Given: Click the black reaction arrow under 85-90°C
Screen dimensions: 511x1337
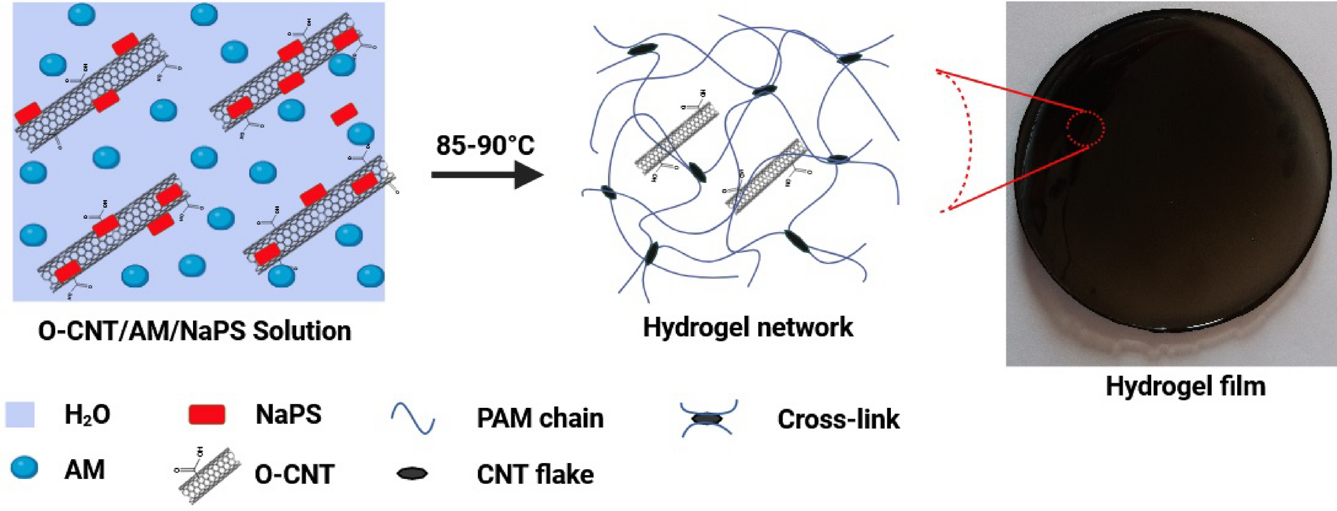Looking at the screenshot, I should point(486,175).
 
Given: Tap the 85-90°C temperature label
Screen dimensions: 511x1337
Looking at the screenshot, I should point(485,145).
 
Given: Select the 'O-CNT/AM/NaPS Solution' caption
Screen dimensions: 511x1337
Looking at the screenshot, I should point(194,331).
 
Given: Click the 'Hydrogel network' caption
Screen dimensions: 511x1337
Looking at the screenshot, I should point(747,327).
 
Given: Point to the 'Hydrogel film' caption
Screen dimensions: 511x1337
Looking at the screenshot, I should point(1185,386).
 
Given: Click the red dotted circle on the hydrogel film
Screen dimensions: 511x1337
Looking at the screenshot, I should point(1086,128).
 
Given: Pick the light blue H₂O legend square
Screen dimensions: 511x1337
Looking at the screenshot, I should point(20,414).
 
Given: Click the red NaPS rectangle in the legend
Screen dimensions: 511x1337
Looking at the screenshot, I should point(206,415).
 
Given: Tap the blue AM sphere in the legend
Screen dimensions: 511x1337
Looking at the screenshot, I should point(25,468).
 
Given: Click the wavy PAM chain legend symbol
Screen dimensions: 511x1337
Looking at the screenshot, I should point(413,419).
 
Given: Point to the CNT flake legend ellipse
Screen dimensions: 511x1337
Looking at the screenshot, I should point(412,474).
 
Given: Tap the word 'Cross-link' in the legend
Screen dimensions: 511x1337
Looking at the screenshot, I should point(838,419).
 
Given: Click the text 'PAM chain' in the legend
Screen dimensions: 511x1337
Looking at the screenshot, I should point(540,419).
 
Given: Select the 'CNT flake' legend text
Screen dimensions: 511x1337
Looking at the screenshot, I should point(535,474).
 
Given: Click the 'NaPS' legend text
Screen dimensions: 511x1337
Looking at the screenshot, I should point(288,415).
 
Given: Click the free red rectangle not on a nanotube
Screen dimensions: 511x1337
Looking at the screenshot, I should point(344,114).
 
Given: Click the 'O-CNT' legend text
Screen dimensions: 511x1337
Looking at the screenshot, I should point(294,474).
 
